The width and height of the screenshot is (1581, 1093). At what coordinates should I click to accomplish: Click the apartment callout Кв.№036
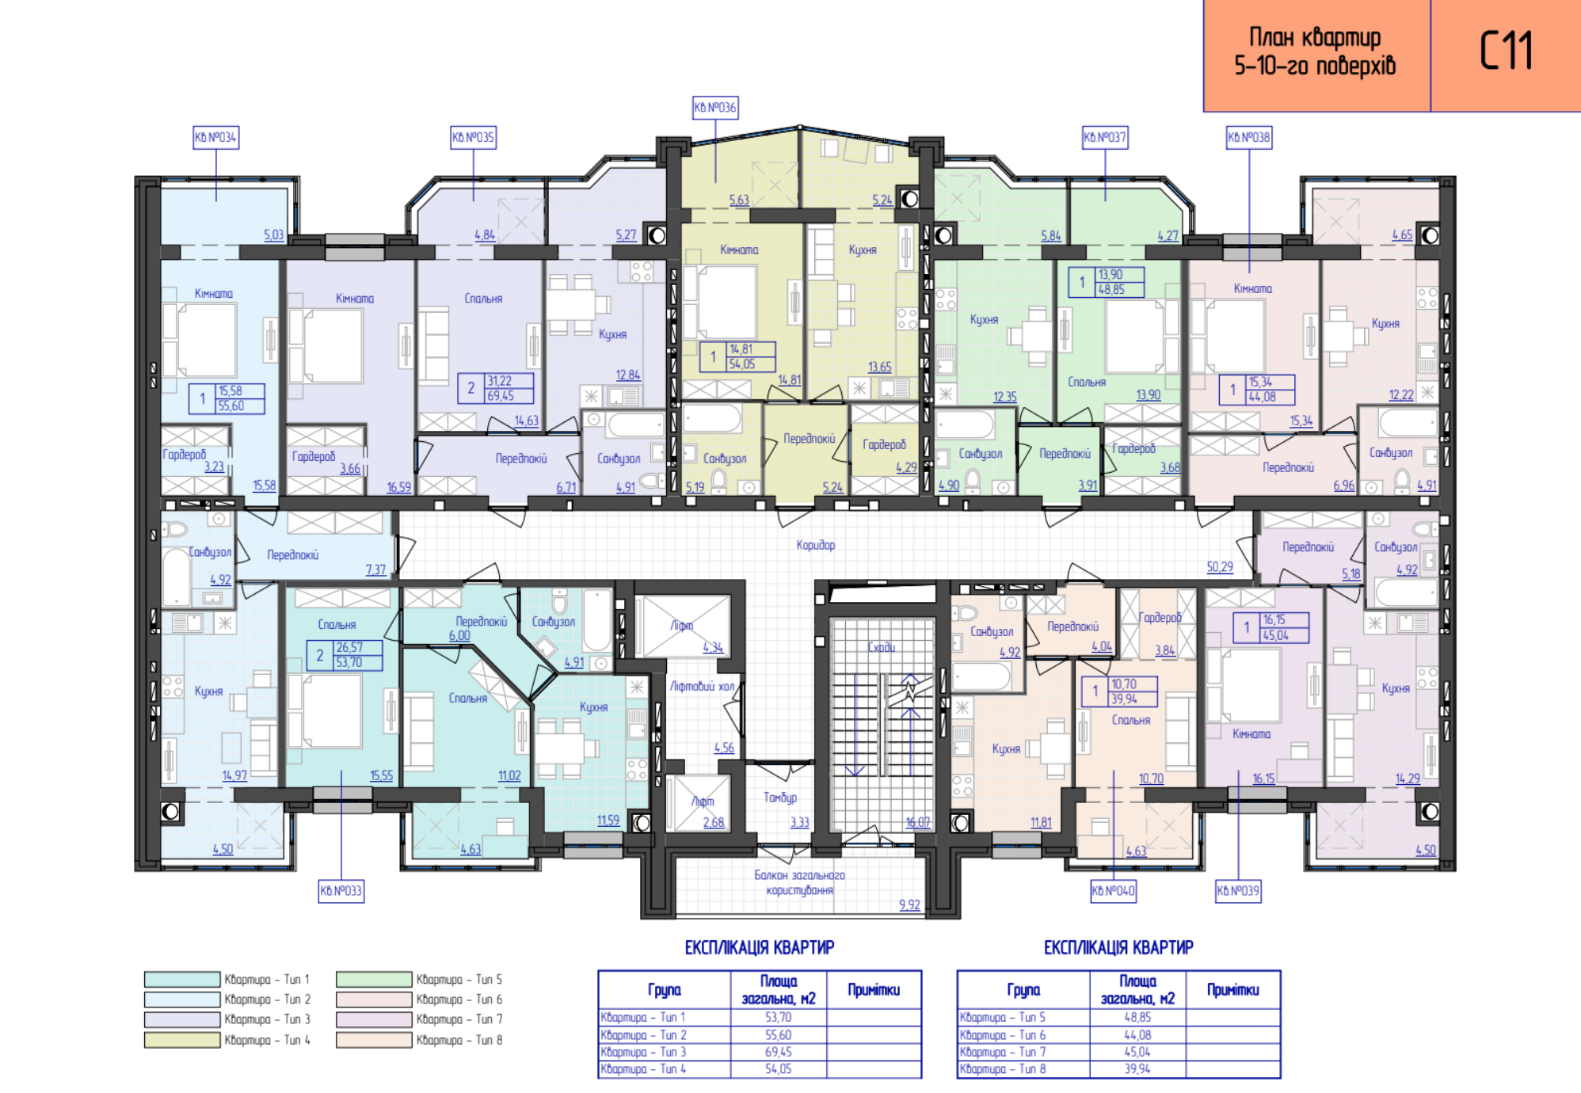click(715, 108)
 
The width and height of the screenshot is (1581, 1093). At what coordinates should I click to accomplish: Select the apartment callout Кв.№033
click(341, 891)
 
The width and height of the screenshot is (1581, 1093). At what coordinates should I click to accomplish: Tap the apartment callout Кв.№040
click(1113, 891)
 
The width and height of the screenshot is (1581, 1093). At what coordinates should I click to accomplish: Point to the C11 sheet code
click(1506, 51)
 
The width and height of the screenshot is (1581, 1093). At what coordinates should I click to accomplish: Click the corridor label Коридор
click(816, 545)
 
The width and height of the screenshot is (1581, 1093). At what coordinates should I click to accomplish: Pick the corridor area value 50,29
click(1220, 567)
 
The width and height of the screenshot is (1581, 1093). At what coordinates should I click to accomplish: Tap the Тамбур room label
click(780, 798)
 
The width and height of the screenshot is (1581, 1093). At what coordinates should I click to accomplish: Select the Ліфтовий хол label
click(702, 686)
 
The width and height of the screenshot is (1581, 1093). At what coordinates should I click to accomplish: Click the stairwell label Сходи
click(881, 647)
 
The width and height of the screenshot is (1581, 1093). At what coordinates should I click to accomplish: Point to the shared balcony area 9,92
click(910, 904)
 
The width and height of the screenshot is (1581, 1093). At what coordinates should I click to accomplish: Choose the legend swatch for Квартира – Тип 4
click(182, 1040)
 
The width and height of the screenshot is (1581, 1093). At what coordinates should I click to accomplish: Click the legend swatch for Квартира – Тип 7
click(374, 1019)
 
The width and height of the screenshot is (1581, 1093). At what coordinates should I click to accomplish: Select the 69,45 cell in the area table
click(778, 1052)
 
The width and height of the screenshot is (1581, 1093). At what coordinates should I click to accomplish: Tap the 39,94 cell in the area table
click(1137, 1069)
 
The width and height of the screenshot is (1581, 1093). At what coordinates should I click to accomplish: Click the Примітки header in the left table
click(874, 990)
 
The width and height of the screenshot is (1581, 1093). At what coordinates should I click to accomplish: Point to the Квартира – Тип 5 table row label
click(1003, 1017)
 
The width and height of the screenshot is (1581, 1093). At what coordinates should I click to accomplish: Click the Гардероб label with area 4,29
click(884, 445)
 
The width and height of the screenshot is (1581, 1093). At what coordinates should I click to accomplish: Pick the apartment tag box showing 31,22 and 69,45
click(496, 389)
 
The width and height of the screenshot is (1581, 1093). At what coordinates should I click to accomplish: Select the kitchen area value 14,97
click(234, 776)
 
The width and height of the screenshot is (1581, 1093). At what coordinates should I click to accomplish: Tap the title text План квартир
click(1315, 38)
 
